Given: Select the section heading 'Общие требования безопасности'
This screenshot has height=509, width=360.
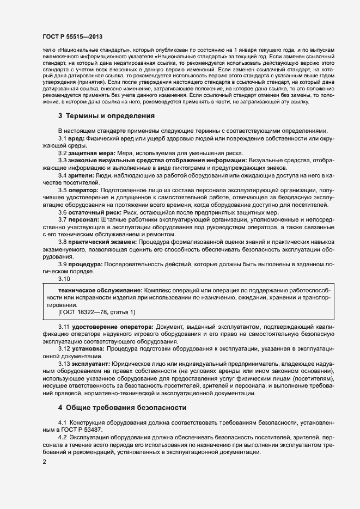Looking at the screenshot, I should (126, 407).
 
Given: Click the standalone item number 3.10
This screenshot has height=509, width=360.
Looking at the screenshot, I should (64, 279).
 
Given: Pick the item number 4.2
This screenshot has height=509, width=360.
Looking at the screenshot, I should (62, 438).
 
